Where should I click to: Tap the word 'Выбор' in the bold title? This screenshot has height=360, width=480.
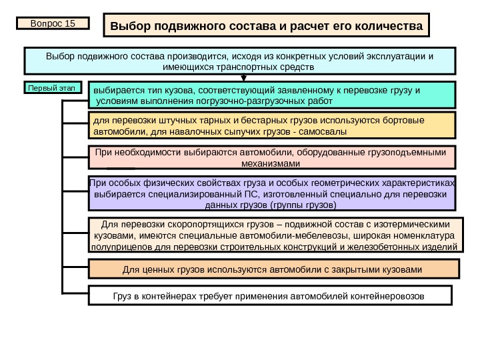tap(130, 27)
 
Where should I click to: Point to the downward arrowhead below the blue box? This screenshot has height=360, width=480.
tap(243, 77)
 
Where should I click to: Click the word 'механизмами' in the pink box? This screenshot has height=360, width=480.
tap(271, 163)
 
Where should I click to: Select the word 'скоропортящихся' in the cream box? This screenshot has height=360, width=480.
tap(189, 224)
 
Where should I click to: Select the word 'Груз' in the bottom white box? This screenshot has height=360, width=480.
tap(104, 295)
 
